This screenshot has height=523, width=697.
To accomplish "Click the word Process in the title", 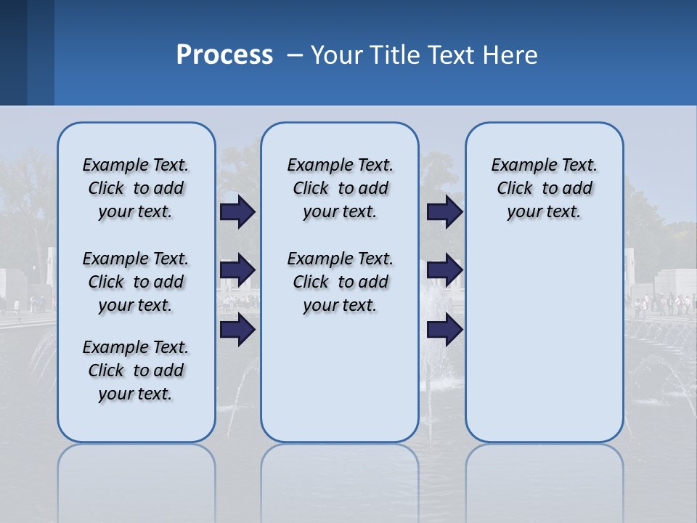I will (224, 55).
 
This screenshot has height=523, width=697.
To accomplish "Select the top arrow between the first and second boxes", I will (237, 212).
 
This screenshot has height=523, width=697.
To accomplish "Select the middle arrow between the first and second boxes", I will (237, 271).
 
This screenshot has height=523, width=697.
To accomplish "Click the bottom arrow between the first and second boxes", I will (237, 330).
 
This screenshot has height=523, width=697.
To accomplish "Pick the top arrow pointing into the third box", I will (444, 212).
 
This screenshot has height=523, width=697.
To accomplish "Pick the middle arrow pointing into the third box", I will (444, 271).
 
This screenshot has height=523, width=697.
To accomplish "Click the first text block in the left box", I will (136, 188).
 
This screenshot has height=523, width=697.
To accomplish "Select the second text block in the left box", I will (136, 282).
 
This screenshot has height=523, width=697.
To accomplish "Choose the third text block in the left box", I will (136, 370).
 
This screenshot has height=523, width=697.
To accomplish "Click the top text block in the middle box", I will (340, 188).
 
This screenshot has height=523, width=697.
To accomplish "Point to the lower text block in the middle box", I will (340, 282).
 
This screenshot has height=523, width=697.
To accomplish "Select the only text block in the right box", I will (544, 188).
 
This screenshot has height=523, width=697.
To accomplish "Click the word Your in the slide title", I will (337, 55).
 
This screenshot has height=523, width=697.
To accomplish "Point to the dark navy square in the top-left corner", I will (13, 52).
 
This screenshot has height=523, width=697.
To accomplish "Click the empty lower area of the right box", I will (544, 341).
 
